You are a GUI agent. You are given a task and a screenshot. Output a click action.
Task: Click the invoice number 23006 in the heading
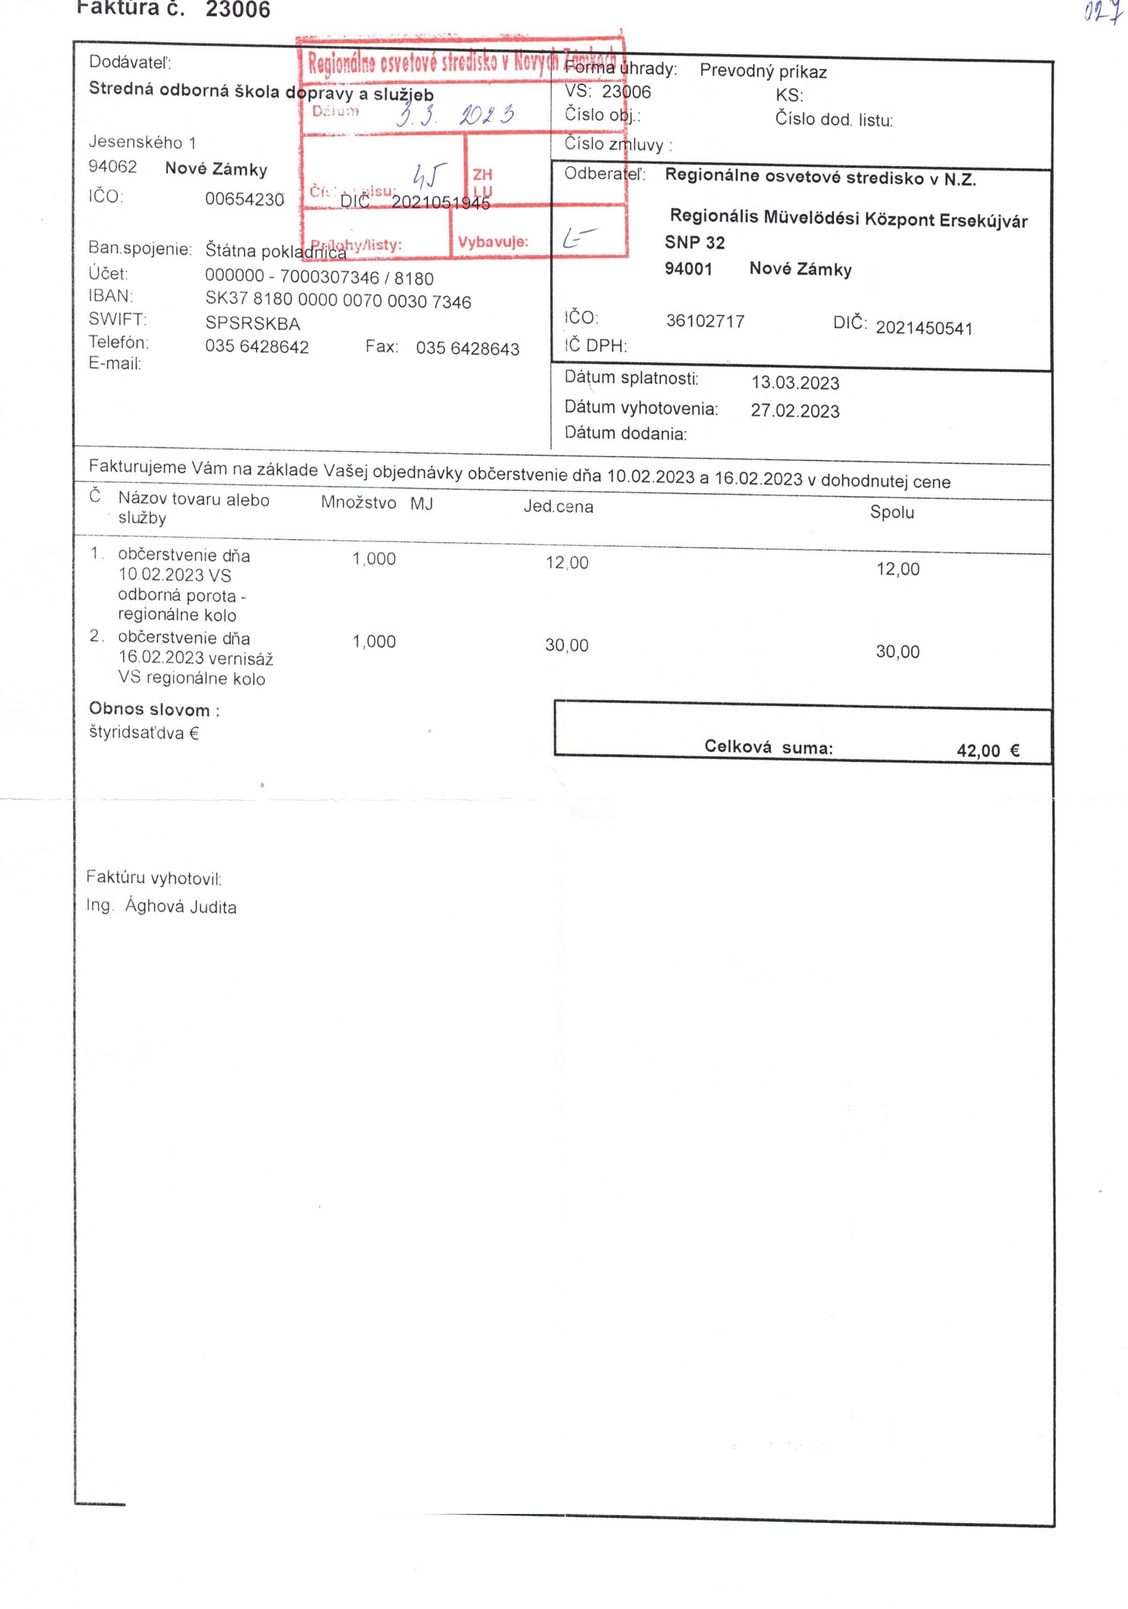tap(238, 10)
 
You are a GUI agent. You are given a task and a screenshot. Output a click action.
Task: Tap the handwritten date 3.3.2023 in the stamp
tap(454, 114)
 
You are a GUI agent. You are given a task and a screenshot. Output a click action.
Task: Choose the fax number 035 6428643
tap(468, 349)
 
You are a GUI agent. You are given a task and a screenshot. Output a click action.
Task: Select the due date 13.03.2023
tap(795, 382)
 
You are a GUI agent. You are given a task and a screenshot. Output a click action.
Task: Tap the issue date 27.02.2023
tap(795, 411)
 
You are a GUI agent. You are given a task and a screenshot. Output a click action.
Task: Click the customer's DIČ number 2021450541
tap(924, 328)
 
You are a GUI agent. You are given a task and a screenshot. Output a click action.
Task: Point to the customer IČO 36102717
tap(705, 321)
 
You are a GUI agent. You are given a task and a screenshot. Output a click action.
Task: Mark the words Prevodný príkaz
tap(763, 72)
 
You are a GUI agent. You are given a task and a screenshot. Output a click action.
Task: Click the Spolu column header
tap(892, 512)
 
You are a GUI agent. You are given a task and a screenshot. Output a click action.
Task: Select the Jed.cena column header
tap(558, 507)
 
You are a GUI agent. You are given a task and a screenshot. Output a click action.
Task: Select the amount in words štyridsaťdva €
tap(144, 734)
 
